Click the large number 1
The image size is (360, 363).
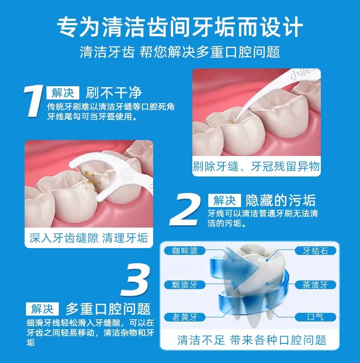tap(34, 102)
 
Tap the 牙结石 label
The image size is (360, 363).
tap(316, 251)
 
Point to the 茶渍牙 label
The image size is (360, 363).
tap(316, 285)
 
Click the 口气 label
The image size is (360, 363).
tap(316, 316)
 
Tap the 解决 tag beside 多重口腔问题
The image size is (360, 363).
tap(42, 309)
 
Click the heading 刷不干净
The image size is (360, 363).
tap(114, 93)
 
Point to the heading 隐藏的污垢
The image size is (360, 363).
tap(281, 200)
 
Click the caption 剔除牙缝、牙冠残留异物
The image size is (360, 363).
tap(256, 166)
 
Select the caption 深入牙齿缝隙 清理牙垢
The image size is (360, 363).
tap(88, 238)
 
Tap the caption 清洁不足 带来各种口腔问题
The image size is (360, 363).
tap(252, 340)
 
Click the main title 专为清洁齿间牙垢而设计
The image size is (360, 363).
tap(180, 26)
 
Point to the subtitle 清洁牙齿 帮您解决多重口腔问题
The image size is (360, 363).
tap(180, 52)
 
